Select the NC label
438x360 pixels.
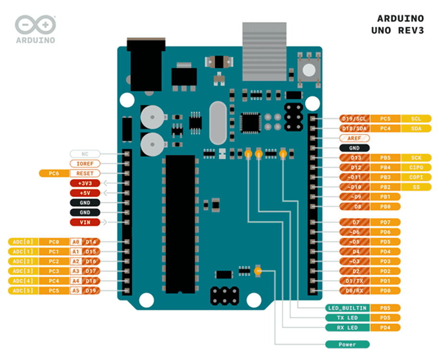point(85,154)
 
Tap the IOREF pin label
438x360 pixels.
point(85,164)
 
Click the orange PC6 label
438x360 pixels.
point(54,173)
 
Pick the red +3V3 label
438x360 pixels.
point(85,183)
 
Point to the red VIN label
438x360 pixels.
point(85,222)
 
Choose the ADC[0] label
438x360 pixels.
point(23,242)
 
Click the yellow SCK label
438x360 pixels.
point(415,158)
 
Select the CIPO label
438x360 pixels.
point(415,168)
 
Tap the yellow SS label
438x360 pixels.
point(415,187)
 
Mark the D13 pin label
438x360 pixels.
point(355,158)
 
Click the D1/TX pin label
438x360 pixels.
point(355,281)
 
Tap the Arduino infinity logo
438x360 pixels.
point(36,24)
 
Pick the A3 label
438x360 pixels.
point(76,271)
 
